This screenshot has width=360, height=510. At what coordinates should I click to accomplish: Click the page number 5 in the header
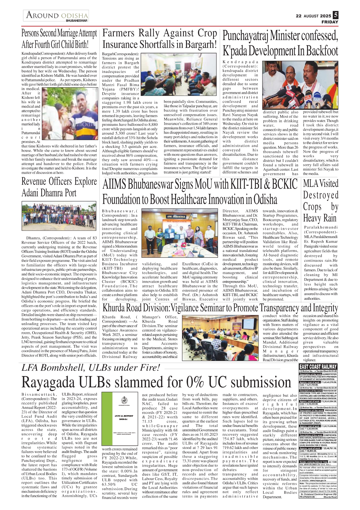click(x=336, y=15)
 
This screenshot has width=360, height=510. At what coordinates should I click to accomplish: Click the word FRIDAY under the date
click(x=330, y=22)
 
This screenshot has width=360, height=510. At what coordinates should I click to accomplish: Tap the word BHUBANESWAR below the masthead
click(x=76, y=21)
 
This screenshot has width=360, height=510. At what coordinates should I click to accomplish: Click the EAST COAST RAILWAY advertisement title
click(x=318, y=367)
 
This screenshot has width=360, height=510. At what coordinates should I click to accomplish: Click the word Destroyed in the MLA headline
click(x=321, y=195)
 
